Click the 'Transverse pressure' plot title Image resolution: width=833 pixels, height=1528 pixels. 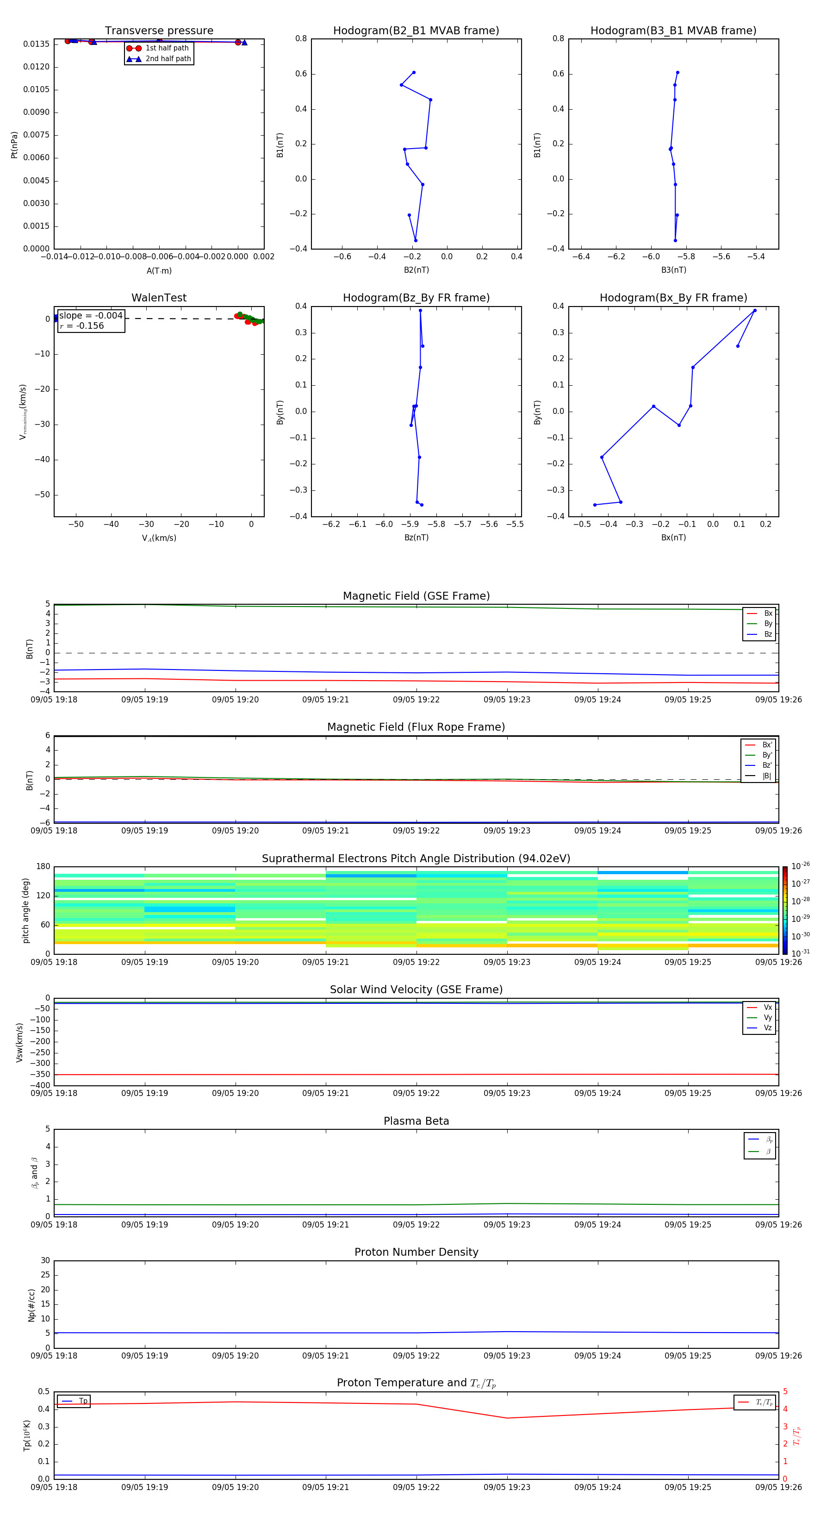pos(159,31)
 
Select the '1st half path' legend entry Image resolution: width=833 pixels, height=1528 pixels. pos(167,48)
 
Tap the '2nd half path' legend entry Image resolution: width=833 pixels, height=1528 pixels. pos(168,59)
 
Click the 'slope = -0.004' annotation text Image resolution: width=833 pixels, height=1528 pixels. pos(91,316)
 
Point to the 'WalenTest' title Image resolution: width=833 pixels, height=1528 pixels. pos(159,298)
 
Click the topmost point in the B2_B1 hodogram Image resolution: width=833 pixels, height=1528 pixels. pos(414,72)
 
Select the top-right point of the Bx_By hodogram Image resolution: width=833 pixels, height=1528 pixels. pos(755,310)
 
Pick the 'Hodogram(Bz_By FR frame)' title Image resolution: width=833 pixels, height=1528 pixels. pos(416,298)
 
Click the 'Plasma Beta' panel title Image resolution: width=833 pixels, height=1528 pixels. pos(416,1121)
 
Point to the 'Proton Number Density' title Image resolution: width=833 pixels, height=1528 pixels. pos(416,1252)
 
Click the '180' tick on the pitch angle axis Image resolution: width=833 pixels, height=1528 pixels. pos(44,867)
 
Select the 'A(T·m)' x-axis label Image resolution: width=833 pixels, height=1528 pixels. pos(159,270)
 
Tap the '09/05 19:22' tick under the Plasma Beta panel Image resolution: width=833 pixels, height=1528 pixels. pos(416,1225)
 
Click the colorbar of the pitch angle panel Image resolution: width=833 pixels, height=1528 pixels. pos(785,910)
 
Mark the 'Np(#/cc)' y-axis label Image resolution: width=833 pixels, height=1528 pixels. pos(31,1305)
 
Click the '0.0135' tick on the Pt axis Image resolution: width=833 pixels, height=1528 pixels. pos(36,44)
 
